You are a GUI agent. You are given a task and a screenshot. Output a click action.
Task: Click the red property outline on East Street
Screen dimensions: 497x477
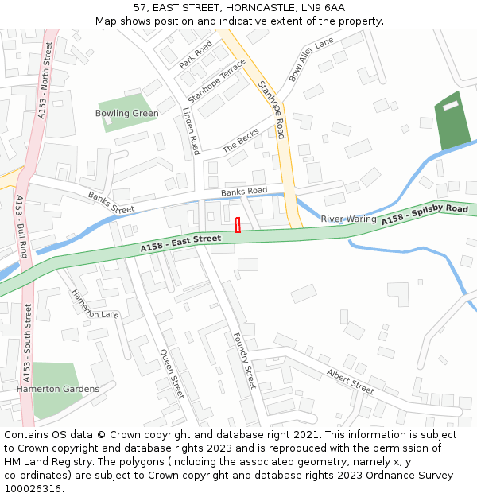coord(238,225)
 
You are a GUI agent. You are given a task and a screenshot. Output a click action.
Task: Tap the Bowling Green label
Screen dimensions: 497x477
coord(126,113)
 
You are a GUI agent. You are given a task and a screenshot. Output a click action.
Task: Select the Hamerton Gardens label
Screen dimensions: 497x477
coord(58,389)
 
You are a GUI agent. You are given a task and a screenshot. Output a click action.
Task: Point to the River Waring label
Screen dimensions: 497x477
coord(348,219)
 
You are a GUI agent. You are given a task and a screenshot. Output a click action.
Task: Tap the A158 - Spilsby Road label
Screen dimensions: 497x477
coord(425,214)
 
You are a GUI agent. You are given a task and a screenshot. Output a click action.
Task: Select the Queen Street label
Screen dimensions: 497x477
coord(172,374)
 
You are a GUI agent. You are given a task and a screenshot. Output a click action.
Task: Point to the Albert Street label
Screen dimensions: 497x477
coord(350,382)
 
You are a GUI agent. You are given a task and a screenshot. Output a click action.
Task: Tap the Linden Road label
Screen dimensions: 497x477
coord(190,131)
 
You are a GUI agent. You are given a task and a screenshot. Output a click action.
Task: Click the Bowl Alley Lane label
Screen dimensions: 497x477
coord(311,60)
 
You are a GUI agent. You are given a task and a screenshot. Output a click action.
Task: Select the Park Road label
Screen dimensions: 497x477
coord(196,54)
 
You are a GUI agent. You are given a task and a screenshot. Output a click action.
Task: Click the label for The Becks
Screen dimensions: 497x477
coord(241,142)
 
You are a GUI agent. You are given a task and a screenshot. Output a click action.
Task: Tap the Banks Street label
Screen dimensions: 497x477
coord(111,202)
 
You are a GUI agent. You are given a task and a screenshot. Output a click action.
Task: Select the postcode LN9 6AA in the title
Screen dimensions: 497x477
coord(323,7)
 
